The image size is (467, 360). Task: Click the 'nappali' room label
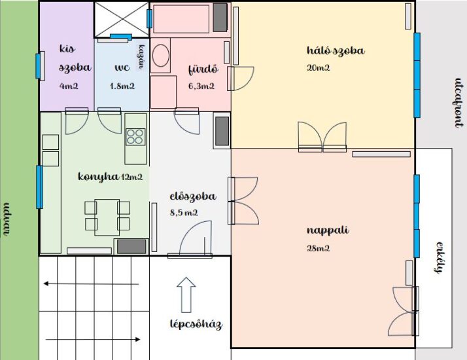pyautogui.click(x=327, y=231)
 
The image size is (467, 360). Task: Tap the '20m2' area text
pyautogui.click(x=318, y=67)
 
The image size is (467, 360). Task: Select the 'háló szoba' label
pyautogui.click(x=336, y=50)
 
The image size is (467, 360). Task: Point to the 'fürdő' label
pyautogui.click(x=203, y=69)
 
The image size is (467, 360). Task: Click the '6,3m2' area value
pyautogui.click(x=201, y=86)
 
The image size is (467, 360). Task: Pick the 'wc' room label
pyautogui.click(x=122, y=67)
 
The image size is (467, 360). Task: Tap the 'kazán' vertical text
pyautogui.click(x=142, y=57)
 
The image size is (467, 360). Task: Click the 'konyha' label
pyautogui.click(x=98, y=177)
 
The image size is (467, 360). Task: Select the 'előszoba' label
pyautogui.click(x=193, y=196)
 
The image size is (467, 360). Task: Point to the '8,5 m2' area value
pyautogui.click(x=184, y=213)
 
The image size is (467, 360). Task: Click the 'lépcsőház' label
pyautogui.click(x=196, y=324)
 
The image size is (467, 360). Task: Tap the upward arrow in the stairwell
pyautogui.click(x=186, y=295)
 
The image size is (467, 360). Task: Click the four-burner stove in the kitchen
pyautogui.click(x=135, y=137)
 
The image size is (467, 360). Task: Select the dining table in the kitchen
pyautogui.click(x=107, y=217)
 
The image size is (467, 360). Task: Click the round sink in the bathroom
pyautogui.click(x=161, y=56)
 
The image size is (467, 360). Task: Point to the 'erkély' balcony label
pyautogui.click(x=438, y=257)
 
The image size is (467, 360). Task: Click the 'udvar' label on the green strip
pyautogui.click(x=6, y=219)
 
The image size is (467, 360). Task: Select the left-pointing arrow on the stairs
pyautogui.click(x=91, y=283)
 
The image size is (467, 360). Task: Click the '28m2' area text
pyautogui.click(x=318, y=248)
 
